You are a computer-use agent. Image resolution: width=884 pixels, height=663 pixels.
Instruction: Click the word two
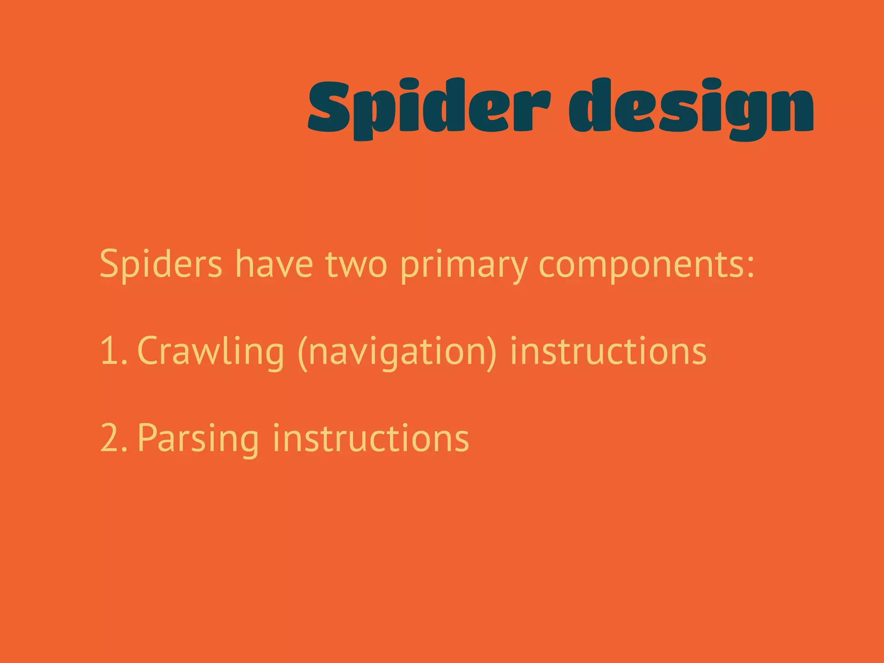[357, 264]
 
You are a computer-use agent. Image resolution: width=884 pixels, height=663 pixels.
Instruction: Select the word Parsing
[198, 439]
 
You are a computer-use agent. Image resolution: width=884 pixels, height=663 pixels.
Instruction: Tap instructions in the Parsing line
[371, 438]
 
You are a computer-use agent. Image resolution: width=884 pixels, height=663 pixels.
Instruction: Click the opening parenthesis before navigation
[303, 352]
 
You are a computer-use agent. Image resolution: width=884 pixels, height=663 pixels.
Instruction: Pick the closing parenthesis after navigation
[493, 352]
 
